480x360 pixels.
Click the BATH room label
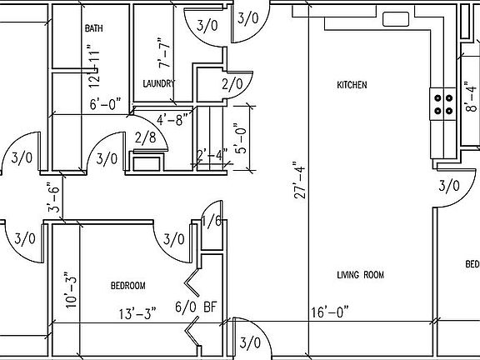coord(93,28)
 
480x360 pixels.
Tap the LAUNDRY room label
coord(157,83)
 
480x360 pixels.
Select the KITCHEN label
coord(352,85)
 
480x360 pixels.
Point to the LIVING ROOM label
coord(361,275)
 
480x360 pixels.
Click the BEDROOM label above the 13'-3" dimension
coord(128,286)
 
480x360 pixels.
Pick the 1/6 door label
coord(211,220)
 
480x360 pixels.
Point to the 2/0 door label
coord(232,83)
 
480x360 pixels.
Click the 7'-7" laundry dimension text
coord(167,52)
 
